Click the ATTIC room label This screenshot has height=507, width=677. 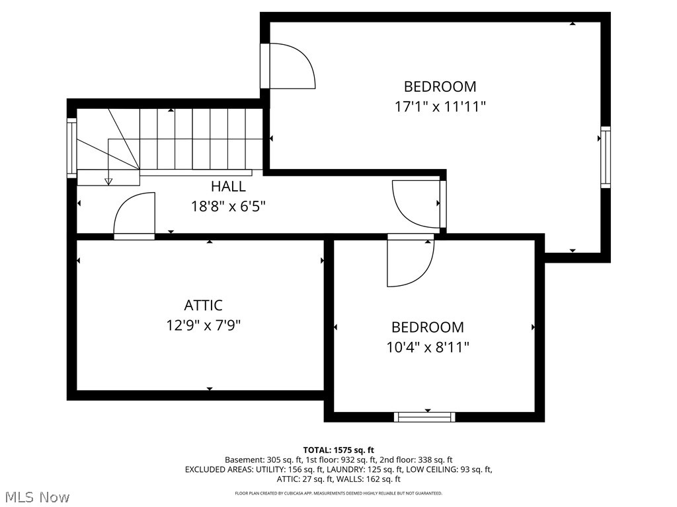click(203, 306)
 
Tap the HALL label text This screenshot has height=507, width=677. click(228, 187)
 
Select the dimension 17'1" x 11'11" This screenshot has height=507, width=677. click(440, 107)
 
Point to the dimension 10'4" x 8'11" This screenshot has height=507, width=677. click(428, 347)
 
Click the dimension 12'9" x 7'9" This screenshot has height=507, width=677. click(203, 325)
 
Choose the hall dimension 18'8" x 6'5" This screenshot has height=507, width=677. click(228, 205)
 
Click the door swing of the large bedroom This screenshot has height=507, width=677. click(291, 66)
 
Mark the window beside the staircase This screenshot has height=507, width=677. click(71, 148)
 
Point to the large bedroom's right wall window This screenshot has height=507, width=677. click(605, 157)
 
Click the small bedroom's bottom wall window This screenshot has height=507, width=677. click(424, 417)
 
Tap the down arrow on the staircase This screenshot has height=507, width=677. click(109, 180)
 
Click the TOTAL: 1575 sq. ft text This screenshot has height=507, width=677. click(338, 450)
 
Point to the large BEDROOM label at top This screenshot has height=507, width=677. click(440, 86)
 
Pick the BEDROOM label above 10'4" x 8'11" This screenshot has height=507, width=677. click(428, 327)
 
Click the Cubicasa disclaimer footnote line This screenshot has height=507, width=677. click(338, 493)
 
